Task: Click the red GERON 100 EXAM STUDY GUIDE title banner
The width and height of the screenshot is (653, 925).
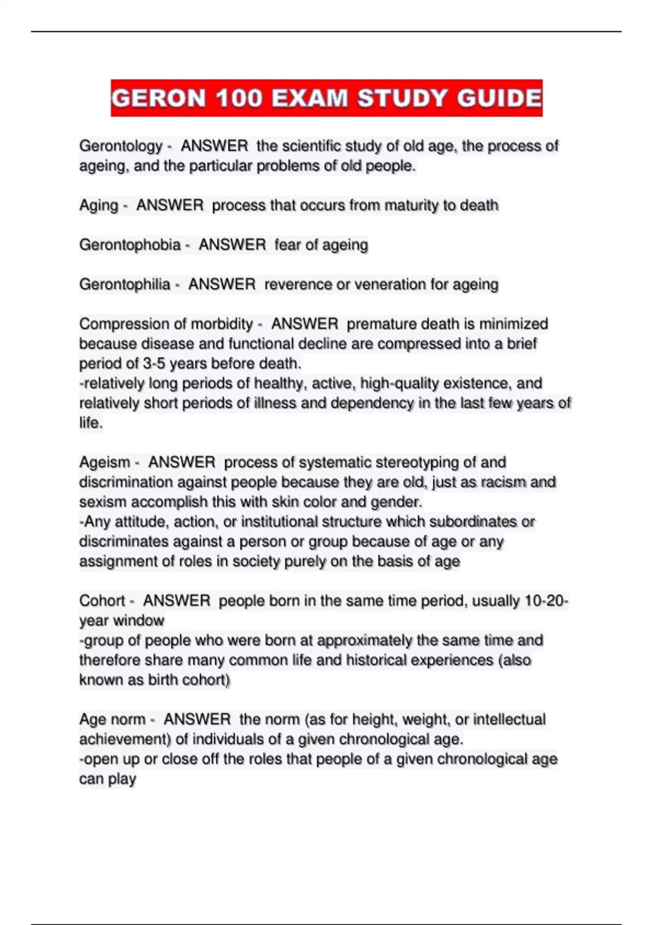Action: point(326,98)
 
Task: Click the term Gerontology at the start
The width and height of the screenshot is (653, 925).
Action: point(121,146)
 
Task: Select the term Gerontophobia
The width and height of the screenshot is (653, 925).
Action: point(130,245)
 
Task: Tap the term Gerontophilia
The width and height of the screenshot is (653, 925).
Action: point(125,285)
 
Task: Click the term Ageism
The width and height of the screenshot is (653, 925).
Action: point(104,462)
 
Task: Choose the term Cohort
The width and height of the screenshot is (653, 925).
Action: point(102,601)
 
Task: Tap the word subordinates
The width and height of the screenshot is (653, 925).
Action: point(473,522)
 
